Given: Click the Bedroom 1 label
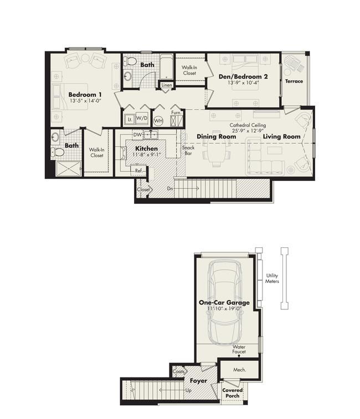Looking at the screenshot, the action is coord(85,94).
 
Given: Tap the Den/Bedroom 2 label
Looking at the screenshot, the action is coord(243,76).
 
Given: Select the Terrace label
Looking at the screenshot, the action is coord(294,81).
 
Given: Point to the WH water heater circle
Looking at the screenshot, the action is coord(158,121).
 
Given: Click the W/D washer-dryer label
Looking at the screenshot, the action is coord(142,118).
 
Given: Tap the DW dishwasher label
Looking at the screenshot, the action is coord(137,135).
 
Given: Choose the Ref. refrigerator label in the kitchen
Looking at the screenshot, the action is coord(139,170).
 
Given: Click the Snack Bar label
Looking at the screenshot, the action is coord(188,150).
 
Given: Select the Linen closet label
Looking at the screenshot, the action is coord(167,85).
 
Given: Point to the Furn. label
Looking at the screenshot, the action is coord(176,112).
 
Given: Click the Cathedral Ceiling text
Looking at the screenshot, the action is coord(248,125).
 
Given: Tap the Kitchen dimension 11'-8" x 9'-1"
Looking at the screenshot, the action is coord(147,154).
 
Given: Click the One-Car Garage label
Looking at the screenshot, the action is coord(224,302).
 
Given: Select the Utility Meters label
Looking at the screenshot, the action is coord(272,278).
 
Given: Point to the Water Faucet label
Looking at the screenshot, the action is coord(239,349).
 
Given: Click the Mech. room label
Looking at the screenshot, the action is coord(240,370).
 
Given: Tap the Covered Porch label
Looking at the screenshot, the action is coord(233,392).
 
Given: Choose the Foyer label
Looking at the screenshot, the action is coord(198,380).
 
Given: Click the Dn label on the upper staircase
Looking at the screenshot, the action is coord(170,188).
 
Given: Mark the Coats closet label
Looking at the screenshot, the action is coord(179,371).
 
